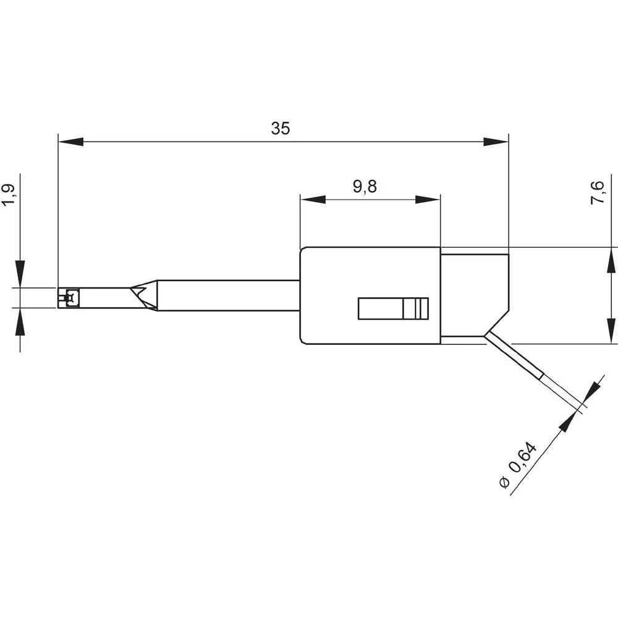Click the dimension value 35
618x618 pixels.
(x=280, y=129)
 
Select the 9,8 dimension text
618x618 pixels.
(x=365, y=187)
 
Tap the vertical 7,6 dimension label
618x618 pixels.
(x=598, y=193)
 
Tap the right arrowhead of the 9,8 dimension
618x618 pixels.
(x=428, y=200)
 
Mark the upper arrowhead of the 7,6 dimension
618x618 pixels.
(x=611, y=260)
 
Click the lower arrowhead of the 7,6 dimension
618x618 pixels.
(x=611, y=331)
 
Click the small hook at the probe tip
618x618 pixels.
(x=68, y=298)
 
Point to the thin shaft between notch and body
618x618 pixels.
(x=229, y=295)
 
